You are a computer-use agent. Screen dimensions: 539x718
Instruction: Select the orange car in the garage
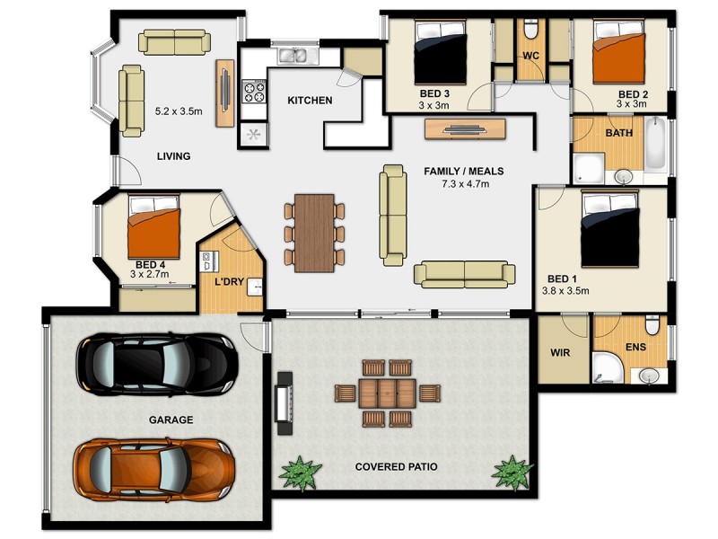(x=154, y=466)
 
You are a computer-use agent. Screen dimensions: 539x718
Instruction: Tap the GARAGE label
(x=171, y=420)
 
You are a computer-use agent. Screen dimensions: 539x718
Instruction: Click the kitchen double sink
(x=292, y=57)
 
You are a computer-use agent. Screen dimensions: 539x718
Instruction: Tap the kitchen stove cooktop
(x=254, y=91)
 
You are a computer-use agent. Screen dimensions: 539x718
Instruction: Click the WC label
(x=530, y=56)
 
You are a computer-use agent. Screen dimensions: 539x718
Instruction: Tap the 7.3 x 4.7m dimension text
(x=464, y=184)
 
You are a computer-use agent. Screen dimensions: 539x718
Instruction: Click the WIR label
(x=560, y=352)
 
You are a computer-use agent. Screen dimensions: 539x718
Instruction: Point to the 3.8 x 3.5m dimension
(x=565, y=291)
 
